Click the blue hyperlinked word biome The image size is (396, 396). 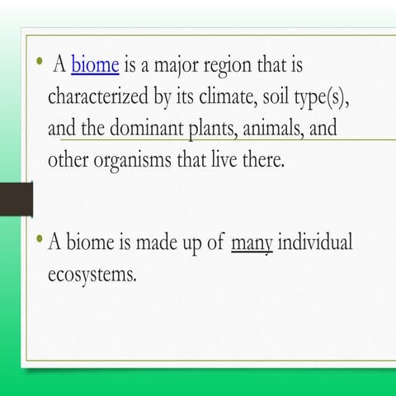click(97, 64)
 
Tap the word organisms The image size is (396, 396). click(130, 160)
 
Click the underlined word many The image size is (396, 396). click(252, 243)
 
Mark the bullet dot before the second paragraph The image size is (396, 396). click(40, 240)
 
